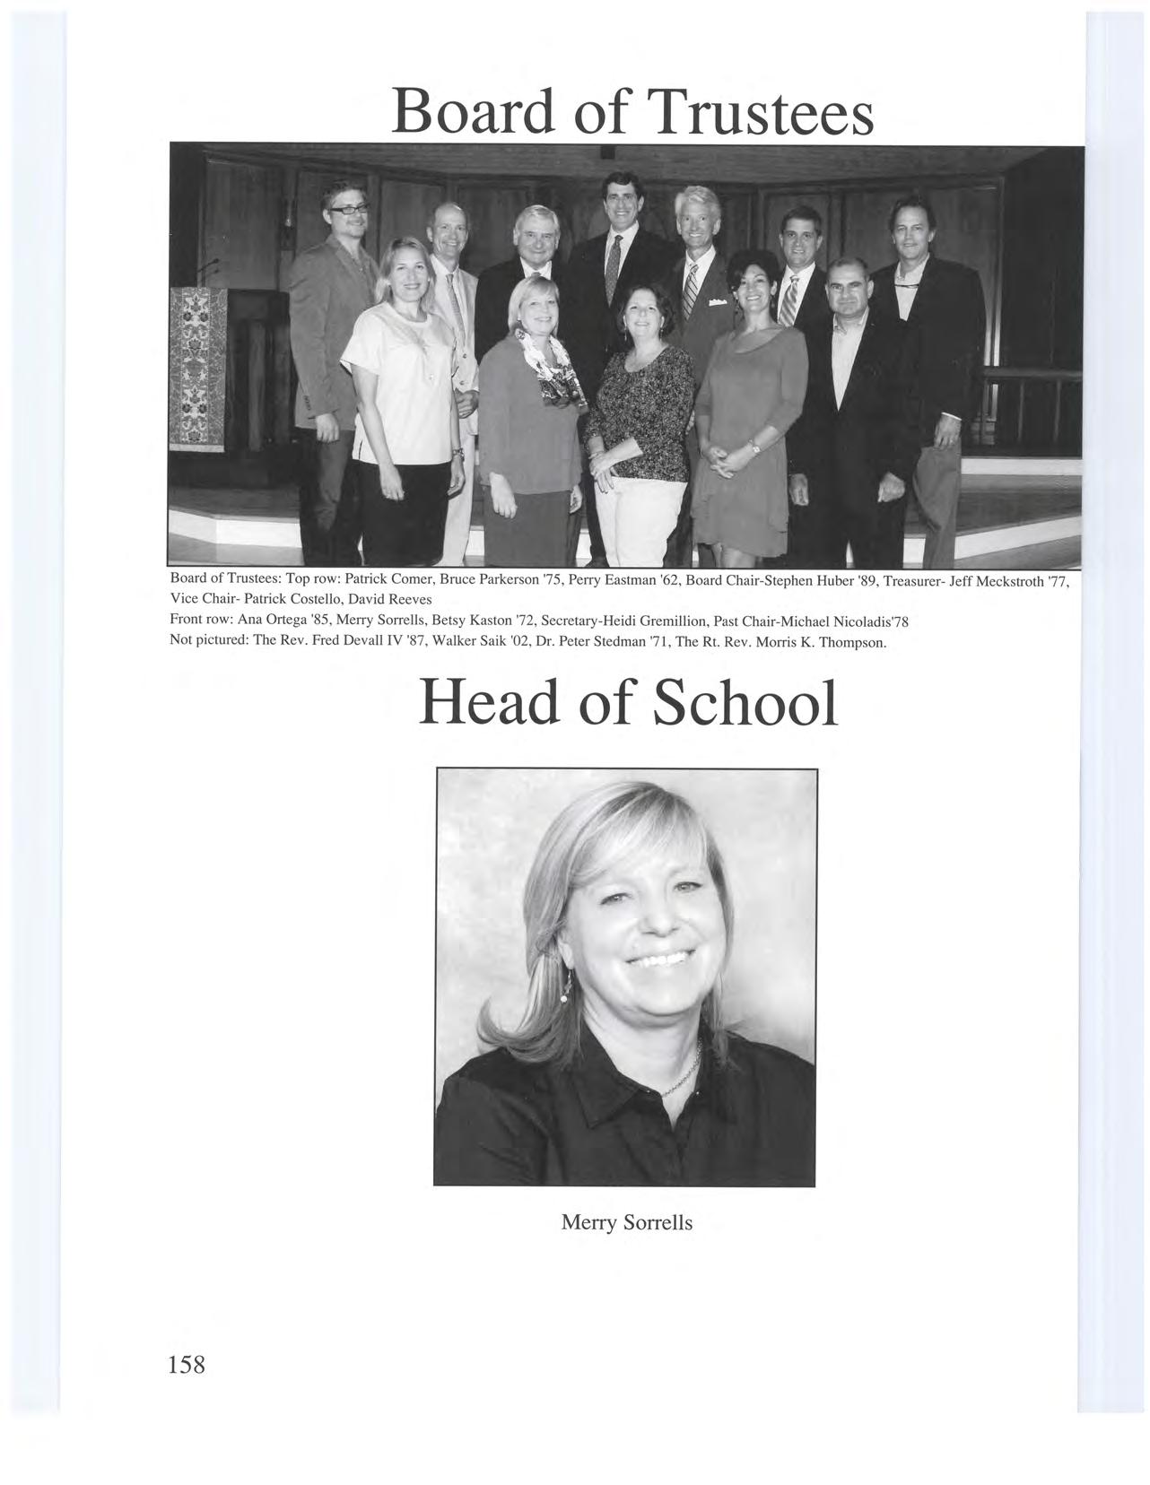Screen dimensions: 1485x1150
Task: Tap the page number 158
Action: click(187, 1364)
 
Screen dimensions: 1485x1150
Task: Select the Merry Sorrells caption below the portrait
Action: click(626, 1221)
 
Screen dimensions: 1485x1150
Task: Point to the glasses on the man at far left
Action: click(348, 209)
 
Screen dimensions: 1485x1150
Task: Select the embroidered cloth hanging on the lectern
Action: click(198, 368)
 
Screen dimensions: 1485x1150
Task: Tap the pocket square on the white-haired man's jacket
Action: click(717, 303)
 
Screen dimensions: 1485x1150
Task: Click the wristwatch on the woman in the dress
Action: click(755, 445)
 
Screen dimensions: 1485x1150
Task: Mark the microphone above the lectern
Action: click(208, 265)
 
